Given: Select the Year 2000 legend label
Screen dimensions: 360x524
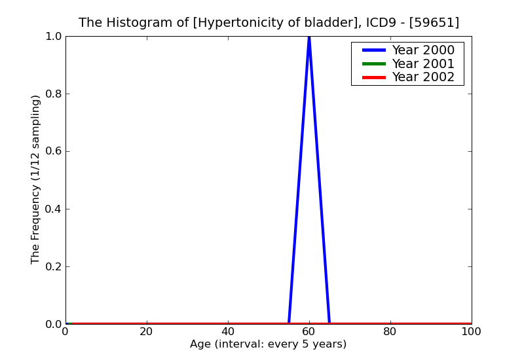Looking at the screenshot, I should point(423,50).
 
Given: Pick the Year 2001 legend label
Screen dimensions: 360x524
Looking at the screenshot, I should point(423,63).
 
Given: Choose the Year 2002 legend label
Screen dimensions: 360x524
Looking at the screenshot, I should point(423,77).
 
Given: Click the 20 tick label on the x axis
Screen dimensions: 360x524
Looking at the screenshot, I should point(147,331).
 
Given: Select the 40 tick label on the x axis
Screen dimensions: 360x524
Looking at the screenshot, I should point(228,331).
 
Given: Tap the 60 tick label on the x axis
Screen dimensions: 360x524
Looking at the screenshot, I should point(309,331).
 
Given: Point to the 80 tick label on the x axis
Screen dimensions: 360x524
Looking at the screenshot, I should point(390,331).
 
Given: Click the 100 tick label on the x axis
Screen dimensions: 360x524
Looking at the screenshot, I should point(472,331).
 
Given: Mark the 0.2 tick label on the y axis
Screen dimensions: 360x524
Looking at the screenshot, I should point(52,266).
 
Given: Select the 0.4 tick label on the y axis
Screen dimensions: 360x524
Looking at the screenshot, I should point(52,209).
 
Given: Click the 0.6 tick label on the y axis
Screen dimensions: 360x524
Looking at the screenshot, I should point(52,151).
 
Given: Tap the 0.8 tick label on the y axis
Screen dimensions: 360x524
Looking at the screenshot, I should point(52,94).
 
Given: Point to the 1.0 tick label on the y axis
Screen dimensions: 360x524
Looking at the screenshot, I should point(52,36).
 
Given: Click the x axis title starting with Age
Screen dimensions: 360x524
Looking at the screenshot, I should point(268,344).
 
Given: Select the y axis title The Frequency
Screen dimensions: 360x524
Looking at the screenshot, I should point(36,179).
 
